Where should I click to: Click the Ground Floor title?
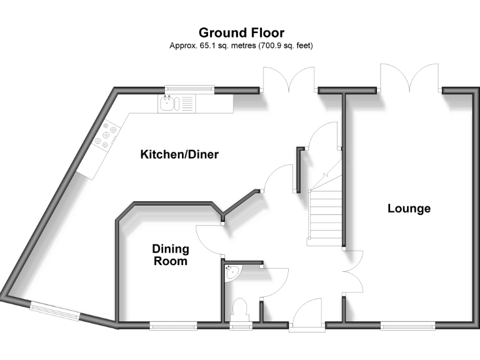pyautogui.click(x=241, y=32)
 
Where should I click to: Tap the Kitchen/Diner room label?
pyautogui.click(x=179, y=154)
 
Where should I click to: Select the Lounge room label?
pyautogui.click(x=409, y=208)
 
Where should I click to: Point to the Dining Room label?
pyautogui.click(x=171, y=255)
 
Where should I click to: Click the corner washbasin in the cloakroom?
pyautogui.click(x=231, y=273)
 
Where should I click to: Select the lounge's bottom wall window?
pyautogui.click(x=407, y=324)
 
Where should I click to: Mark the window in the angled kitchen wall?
pyautogui.click(x=55, y=310)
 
